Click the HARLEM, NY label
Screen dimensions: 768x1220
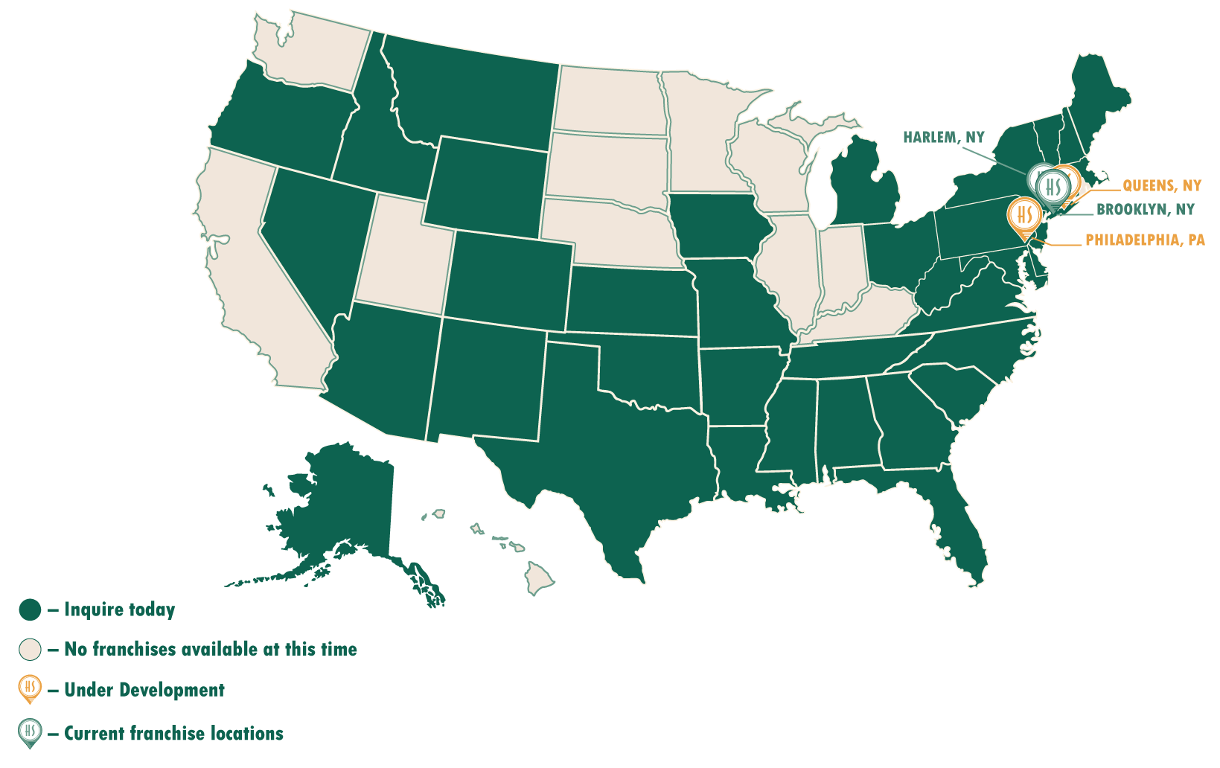(943, 138)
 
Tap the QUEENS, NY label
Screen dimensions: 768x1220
(1161, 186)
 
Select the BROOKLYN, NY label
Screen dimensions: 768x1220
(1145, 210)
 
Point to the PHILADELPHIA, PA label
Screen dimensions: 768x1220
(1145, 240)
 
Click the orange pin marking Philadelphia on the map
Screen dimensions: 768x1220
(1025, 215)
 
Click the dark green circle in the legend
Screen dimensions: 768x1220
(30, 610)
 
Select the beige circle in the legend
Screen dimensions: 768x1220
(30, 650)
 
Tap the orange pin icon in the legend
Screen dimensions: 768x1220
(30, 688)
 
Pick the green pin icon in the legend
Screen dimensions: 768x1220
(30, 732)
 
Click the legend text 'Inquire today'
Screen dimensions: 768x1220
(119, 610)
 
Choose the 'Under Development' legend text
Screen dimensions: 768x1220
(144, 690)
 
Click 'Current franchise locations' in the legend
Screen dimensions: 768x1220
(173, 734)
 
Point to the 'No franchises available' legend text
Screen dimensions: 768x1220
(210, 650)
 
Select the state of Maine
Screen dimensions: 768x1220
(1098, 97)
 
